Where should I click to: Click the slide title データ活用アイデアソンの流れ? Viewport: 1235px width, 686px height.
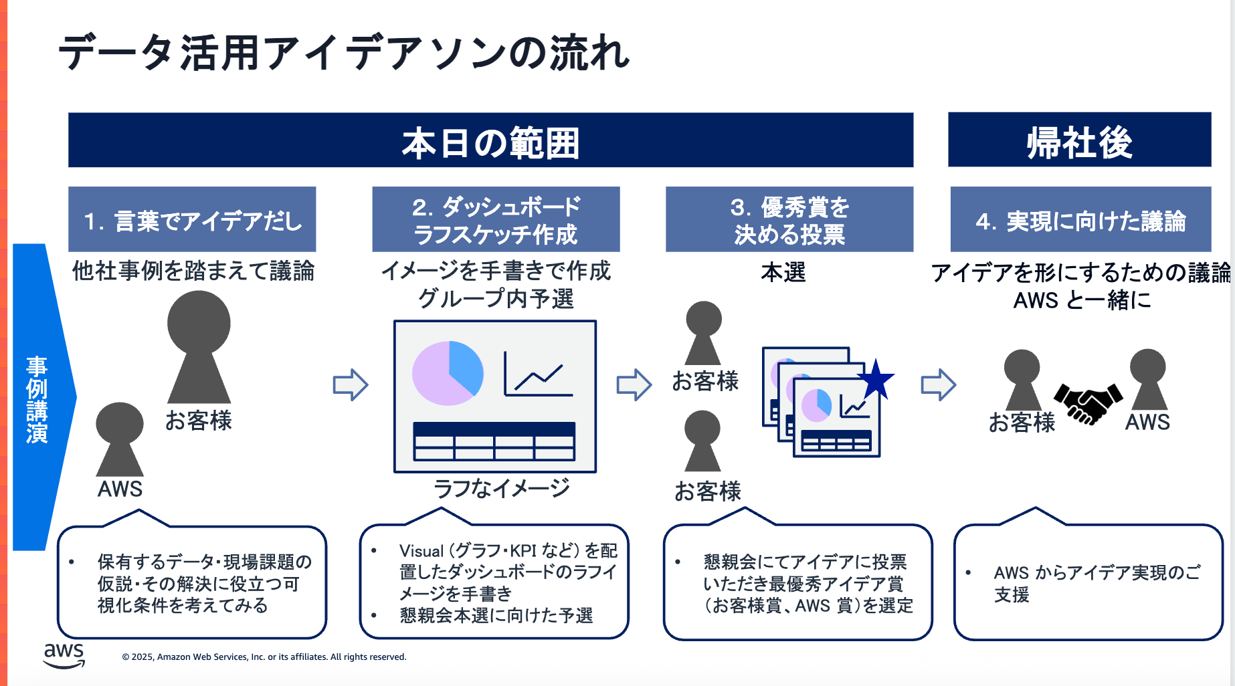tap(344, 53)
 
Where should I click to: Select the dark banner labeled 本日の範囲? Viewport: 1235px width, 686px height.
tap(490, 140)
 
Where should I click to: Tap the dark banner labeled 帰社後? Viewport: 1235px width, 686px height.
tap(1079, 140)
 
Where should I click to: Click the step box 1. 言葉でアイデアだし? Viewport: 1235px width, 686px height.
tap(192, 220)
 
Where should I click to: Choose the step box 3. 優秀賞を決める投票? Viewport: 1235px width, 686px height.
tap(789, 220)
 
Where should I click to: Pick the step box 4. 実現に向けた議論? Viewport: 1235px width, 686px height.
tap(1080, 220)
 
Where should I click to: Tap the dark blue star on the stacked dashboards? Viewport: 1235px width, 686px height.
tap(876, 380)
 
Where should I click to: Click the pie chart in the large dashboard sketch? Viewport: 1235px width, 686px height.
tap(448, 373)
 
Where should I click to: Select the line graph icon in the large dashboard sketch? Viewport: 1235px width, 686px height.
tap(537, 374)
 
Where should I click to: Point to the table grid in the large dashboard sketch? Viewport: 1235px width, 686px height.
tap(494, 441)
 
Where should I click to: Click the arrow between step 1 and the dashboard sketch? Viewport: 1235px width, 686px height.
tap(351, 384)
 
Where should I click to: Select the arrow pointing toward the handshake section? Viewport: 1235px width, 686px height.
tap(938, 384)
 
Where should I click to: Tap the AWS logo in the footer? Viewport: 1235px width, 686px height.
tap(64, 655)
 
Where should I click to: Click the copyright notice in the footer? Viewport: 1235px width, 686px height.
tap(264, 657)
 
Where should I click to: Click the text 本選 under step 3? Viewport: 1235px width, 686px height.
tap(783, 272)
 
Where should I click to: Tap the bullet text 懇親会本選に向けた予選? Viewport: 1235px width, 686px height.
tap(496, 616)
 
